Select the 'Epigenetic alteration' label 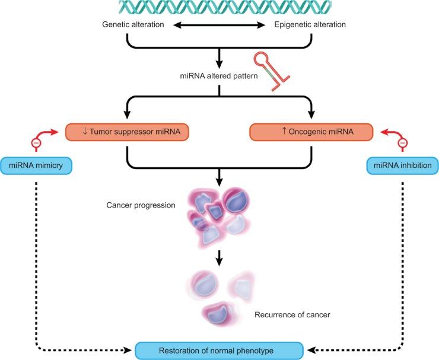coord(310,25)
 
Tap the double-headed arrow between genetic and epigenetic coord(219,26)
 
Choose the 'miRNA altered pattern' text coord(219,77)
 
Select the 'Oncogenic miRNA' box coord(311,132)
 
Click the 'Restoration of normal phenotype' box coord(220,350)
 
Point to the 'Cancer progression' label coord(141,205)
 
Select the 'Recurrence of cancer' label coord(291,314)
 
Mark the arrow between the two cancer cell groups coord(220,257)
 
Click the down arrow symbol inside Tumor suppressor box coord(86,132)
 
